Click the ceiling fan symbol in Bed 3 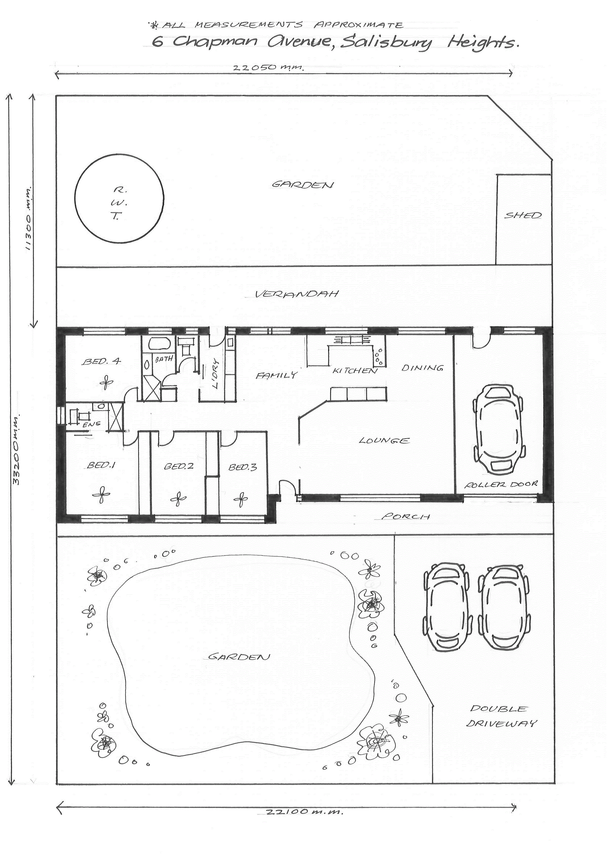coord(241,499)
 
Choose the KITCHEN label coord(355,371)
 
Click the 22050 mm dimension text coord(268,68)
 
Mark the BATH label coord(164,359)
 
